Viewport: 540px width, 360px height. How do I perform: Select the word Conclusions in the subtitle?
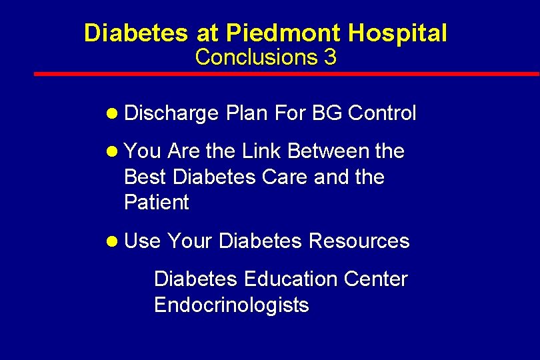(x=256, y=57)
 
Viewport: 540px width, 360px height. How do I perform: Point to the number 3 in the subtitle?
(x=330, y=57)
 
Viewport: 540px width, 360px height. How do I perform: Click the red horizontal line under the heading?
(x=287, y=74)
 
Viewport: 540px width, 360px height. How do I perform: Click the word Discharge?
(x=171, y=113)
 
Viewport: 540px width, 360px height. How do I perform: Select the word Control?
(x=382, y=113)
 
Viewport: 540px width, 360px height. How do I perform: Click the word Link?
(x=261, y=151)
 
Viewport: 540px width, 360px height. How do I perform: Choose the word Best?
(x=145, y=177)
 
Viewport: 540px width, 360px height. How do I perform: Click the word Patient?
(x=157, y=203)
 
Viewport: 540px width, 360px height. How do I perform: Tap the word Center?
(x=375, y=279)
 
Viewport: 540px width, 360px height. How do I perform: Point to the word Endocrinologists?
(x=231, y=305)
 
